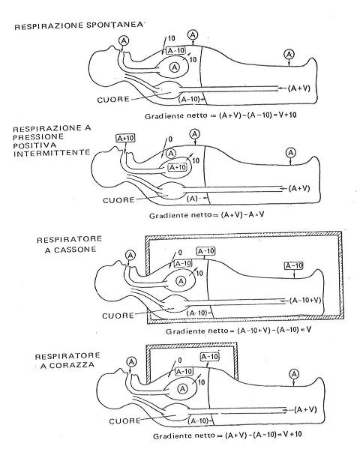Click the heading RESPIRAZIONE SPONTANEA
[x=79, y=25]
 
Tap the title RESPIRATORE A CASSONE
[x=70, y=244]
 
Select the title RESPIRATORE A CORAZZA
[x=67, y=361]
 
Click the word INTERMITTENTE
[x=52, y=152]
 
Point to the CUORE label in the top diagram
[x=113, y=100]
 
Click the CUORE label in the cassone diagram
[x=118, y=316]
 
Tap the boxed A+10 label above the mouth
[x=126, y=139]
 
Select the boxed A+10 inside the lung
[x=178, y=167]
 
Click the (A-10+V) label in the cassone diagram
[x=305, y=301]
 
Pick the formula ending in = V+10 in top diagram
[x=220, y=115]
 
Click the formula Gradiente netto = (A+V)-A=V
[x=206, y=215]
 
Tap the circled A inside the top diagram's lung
[x=174, y=67]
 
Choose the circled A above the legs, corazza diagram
[x=294, y=375]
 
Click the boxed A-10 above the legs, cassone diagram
[x=294, y=265]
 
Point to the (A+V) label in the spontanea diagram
[x=299, y=88]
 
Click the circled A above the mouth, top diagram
[x=124, y=40]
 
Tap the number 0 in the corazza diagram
[x=180, y=360]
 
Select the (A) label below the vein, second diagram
[x=192, y=199]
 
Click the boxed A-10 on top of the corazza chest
[x=210, y=357]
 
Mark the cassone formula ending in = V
[x=238, y=331]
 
